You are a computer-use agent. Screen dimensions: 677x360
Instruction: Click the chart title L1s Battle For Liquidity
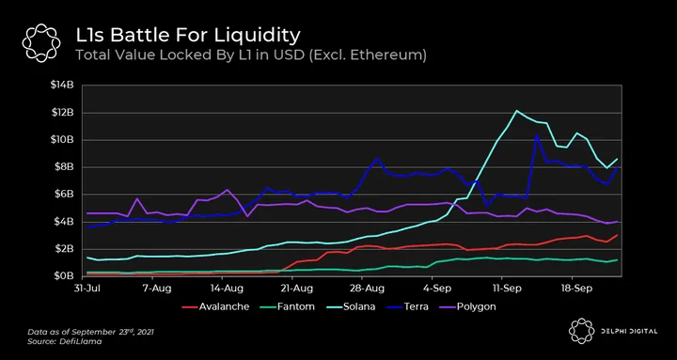(188, 36)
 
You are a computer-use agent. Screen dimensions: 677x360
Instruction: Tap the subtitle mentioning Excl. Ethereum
(251, 55)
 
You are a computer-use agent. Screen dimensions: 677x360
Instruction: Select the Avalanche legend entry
(215, 307)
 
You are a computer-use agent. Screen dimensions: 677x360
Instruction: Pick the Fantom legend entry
(287, 307)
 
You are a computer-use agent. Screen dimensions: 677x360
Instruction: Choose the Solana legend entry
(348, 307)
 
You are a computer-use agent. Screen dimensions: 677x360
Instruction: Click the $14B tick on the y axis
(62, 85)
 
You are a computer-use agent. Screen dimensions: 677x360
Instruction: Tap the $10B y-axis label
(62, 140)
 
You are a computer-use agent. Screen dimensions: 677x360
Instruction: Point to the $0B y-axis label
(63, 276)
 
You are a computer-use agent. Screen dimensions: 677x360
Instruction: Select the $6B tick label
(63, 195)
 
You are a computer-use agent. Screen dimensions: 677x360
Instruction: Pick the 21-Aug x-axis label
(292, 288)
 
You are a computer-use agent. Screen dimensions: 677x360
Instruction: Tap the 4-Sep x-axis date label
(433, 288)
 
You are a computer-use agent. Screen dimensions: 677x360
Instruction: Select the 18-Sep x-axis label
(573, 288)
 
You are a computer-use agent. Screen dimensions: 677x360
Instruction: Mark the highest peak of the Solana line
(516, 111)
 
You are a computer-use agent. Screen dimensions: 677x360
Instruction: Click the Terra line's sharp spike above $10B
(537, 135)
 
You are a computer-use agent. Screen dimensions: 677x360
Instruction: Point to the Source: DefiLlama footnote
(65, 341)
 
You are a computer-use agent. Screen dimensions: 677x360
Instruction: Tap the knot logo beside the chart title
(41, 42)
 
